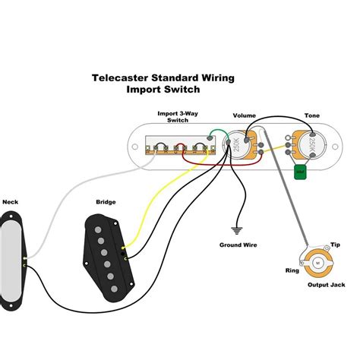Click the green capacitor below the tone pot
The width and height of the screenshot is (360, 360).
click(300, 172)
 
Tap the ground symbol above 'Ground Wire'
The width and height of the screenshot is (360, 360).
click(236, 229)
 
